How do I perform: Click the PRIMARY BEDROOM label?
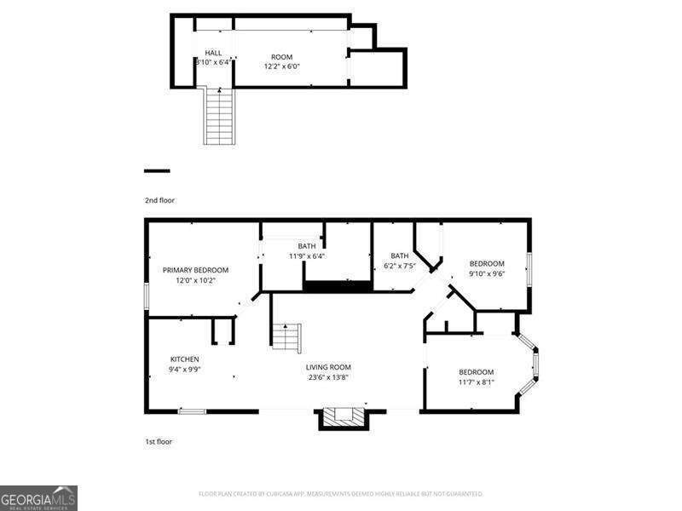point(195,270)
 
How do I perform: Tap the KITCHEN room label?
point(184,359)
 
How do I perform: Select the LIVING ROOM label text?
point(328,367)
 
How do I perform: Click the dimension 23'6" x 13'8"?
point(328,377)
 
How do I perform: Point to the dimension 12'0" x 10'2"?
point(195,280)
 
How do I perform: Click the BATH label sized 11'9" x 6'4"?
point(307,246)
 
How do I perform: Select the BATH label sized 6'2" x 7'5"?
point(399,255)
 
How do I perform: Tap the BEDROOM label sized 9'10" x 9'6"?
point(487,264)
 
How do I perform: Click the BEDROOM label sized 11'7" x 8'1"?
point(476,372)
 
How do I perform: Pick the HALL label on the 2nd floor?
point(212,53)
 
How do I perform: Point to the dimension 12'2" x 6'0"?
point(281,66)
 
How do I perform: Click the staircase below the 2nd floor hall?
point(219,117)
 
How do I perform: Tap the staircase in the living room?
point(286,337)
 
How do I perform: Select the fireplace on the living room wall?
point(344,417)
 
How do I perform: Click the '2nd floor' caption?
point(159,200)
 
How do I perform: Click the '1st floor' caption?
point(158,441)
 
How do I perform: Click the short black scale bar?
point(157,171)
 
